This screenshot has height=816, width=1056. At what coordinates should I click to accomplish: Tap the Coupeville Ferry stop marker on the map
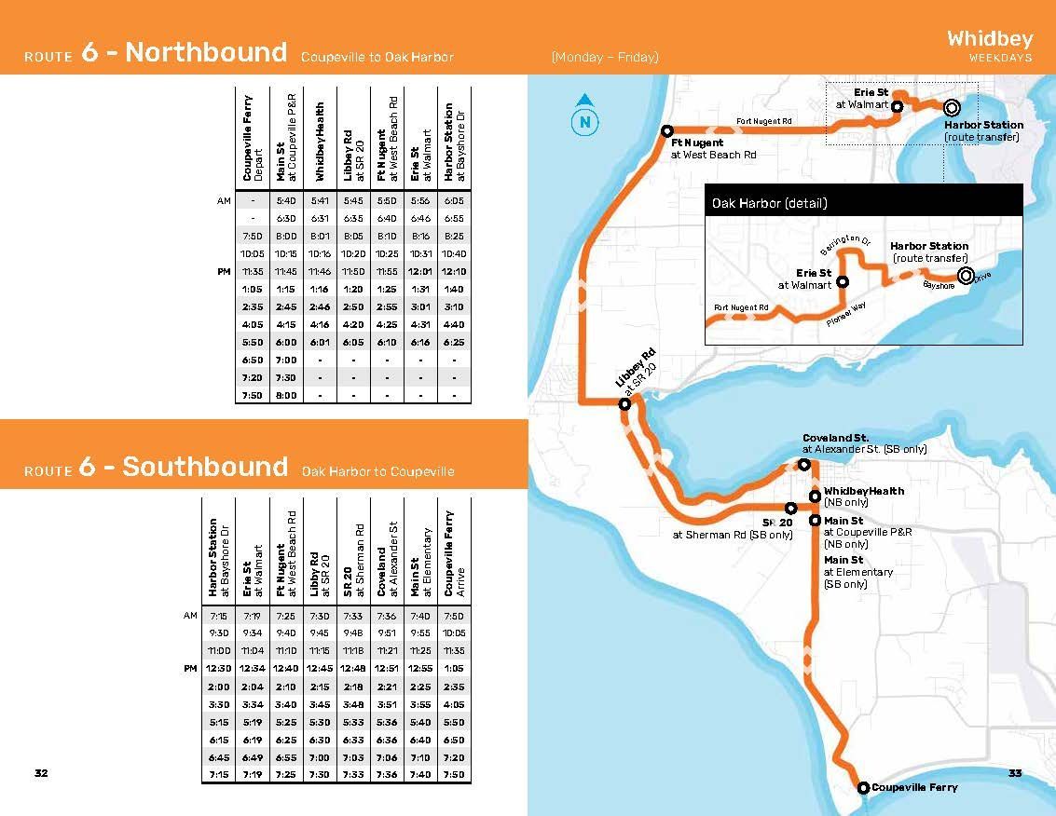(862, 788)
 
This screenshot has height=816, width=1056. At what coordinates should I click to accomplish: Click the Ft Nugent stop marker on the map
(666, 131)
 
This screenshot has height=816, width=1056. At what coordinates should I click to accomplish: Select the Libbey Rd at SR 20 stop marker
(625, 403)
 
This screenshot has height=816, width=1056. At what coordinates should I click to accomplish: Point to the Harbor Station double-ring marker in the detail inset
(965, 275)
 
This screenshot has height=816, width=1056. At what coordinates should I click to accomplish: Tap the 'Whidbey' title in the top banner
(990, 38)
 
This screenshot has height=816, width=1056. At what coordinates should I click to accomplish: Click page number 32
(41, 773)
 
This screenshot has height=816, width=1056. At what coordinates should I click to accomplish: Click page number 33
(1015, 773)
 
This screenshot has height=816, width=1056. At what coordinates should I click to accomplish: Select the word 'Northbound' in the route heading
(206, 52)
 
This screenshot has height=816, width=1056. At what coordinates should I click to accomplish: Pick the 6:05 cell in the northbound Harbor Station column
(454, 200)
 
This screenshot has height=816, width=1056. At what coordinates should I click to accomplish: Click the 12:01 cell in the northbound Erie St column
(421, 272)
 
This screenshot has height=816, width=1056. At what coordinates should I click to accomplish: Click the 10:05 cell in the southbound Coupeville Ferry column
(454, 633)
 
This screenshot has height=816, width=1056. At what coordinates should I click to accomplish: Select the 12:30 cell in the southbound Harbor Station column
(219, 669)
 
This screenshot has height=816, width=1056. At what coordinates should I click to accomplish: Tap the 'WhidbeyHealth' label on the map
(864, 491)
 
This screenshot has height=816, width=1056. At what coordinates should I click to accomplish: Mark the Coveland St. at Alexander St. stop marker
(803, 464)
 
